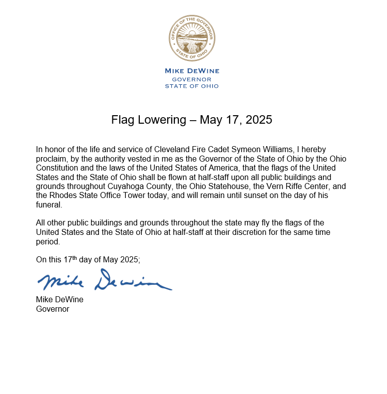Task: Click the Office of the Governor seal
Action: coord(192,38)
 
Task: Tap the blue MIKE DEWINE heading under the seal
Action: coord(192,71)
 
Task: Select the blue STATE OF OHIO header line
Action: coord(192,86)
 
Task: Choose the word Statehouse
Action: coord(208,186)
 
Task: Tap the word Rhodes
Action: coord(63,195)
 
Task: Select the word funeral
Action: coord(48,204)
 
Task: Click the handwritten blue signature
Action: coord(104,281)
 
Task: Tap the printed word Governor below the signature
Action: coord(53,309)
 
